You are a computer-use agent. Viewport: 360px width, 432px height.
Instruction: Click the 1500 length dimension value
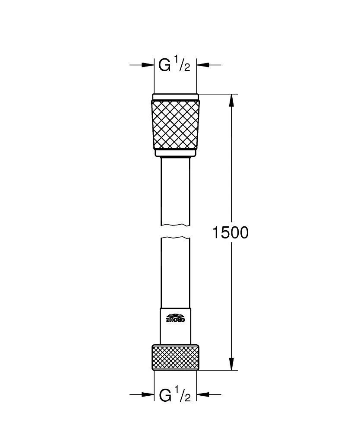coord(230,233)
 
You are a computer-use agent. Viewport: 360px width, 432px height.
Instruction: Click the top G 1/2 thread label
coord(174,65)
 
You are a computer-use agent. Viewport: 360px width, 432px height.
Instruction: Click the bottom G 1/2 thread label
coord(174,395)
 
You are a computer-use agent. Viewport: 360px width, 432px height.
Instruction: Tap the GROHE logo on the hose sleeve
coord(175,318)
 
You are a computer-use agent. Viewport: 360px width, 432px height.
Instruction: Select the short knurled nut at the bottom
coord(175,357)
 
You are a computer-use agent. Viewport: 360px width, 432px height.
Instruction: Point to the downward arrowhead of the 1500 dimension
coord(231,364)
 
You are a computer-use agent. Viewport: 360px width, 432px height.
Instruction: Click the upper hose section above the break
coord(175,190)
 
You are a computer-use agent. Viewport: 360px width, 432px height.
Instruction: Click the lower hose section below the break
coord(175,272)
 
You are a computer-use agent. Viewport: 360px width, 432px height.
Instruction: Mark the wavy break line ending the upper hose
coord(175,225)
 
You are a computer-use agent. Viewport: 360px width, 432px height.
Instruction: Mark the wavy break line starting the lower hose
coord(175,238)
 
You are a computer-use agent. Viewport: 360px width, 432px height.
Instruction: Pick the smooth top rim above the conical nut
coord(175,97)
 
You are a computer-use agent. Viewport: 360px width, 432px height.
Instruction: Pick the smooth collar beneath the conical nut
coord(175,152)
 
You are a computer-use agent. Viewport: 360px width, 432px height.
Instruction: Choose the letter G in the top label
coord(164,65)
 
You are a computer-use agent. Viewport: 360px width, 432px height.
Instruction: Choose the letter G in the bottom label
coord(164,395)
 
